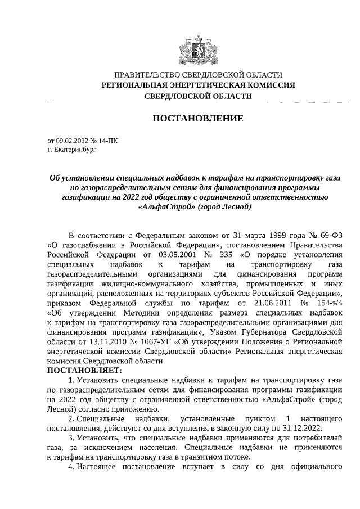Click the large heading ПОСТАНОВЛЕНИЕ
[198, 119]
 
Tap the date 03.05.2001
[159, 254]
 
